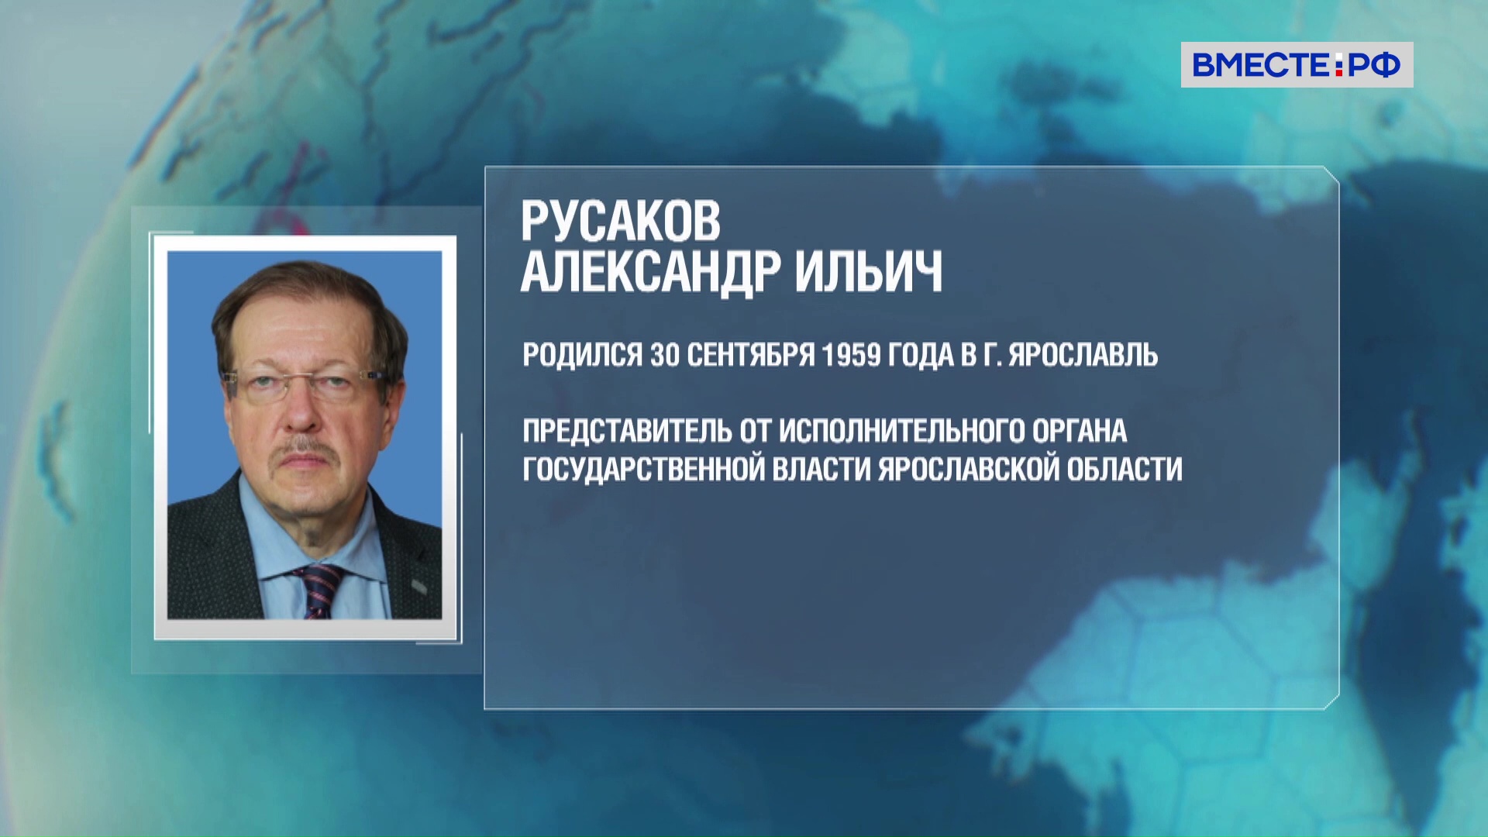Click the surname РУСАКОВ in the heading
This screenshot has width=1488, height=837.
[x=620, y=222]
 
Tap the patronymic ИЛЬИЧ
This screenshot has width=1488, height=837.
[x=869, y=272]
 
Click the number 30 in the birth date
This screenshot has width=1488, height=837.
[x=664, y=355]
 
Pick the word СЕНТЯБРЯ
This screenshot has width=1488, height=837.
[x=751, y=355]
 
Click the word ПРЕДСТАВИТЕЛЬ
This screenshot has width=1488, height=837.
[x=626, y=431]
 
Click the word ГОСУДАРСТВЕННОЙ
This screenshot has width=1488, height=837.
[x=642, y=470]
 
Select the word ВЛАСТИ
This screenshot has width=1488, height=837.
[x=820, y=470]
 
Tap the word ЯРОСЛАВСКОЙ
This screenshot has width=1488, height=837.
[x=968, y=470]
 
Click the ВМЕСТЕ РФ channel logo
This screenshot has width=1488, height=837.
[x=1296, y=64]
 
